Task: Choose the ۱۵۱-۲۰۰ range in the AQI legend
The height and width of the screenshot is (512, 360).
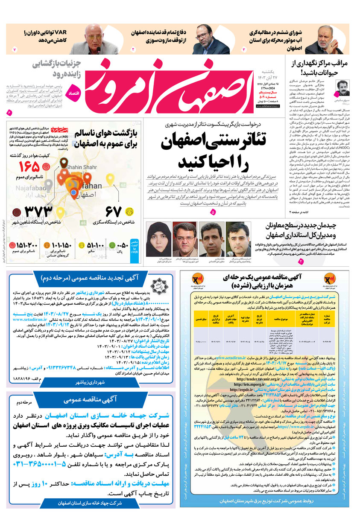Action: tap(27, 245)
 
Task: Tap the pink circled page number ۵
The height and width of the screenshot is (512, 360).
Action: tap(213, 212)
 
